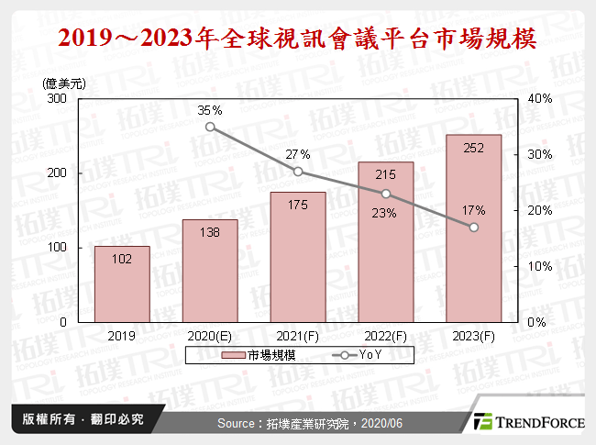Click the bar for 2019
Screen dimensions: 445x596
coord(122,284)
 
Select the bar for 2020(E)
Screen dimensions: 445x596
coord(210,271)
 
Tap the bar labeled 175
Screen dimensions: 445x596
coord(298,257)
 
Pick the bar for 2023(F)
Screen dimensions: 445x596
coord(474,228)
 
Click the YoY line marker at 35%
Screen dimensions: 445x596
coord(210,127)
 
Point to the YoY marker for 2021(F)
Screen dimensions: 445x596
coord(298,172)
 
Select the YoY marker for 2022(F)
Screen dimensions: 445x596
coord(386,194)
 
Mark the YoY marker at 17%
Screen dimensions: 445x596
coord(474,228)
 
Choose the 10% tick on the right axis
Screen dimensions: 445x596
coord(539,266)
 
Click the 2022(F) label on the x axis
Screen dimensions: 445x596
coord(386,336)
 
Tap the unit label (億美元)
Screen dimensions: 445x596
coord(65,83)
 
